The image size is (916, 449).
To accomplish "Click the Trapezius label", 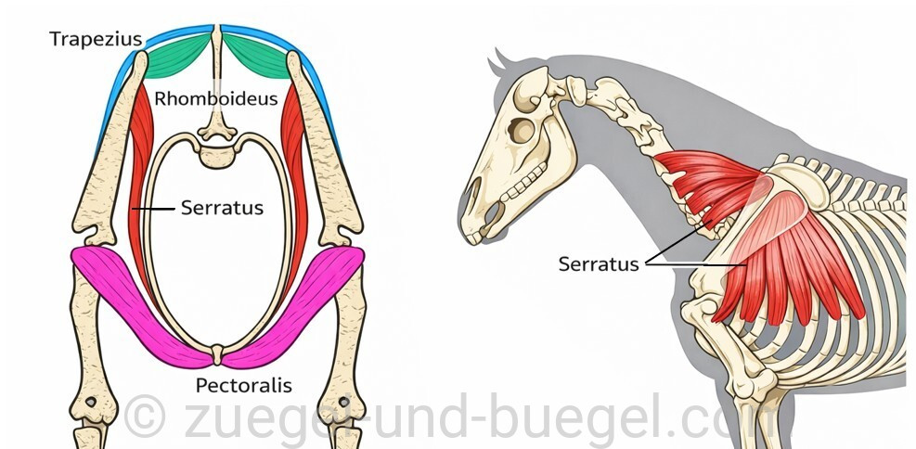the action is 96,39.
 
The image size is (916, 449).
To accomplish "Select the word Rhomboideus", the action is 215,98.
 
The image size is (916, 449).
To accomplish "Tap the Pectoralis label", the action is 243,385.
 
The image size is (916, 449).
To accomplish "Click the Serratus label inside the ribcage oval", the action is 222,207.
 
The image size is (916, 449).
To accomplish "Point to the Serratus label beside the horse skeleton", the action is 599,263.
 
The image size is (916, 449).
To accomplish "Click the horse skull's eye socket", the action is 520,130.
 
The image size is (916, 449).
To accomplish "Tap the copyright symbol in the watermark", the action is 144,416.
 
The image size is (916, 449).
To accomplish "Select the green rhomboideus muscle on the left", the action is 179,55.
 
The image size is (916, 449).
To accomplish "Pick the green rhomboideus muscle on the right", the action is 256,55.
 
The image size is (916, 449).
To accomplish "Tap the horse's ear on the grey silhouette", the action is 500,60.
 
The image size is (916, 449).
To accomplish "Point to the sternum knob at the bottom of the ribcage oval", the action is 217,353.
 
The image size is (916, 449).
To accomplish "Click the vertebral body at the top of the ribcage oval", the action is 217,155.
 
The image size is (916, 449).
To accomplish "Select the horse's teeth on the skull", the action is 526,184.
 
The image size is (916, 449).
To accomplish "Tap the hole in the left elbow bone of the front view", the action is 91,403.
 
